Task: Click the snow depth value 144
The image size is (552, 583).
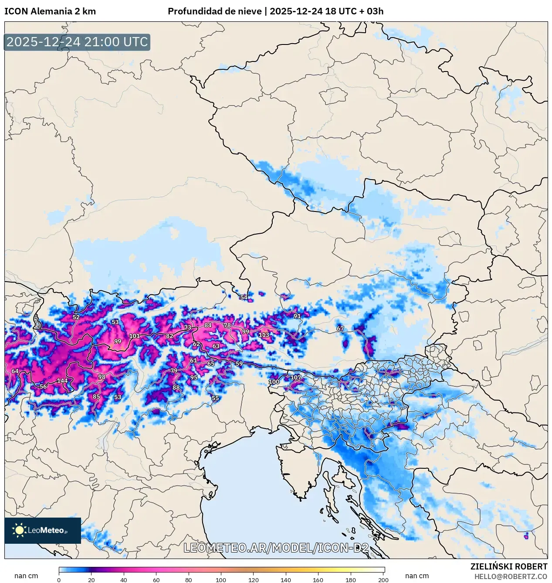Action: [x=62, y=381]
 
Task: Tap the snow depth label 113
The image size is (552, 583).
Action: [x=264, y=335]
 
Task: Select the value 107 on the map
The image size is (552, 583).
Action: [x=296, y=378]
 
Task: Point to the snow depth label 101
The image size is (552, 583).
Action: [x=135, y=336]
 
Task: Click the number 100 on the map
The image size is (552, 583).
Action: [x=274, y=382]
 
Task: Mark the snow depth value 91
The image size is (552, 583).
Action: [x=297, y=316]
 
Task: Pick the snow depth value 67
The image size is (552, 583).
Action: [x=340, y=328]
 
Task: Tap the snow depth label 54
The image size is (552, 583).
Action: [x=244, y=297]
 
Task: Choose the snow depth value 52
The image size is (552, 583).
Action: [x=76, y=317]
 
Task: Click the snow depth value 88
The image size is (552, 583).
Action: [x=176, y=388]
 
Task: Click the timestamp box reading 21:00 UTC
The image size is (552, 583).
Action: [x=77, y=42]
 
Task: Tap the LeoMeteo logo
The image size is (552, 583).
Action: [x=43, y=530]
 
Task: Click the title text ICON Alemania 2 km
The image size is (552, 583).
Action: [x=50, y=11]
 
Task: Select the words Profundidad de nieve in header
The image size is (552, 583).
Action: [x=215, y=11]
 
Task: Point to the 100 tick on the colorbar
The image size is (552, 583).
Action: [x=221, y=580]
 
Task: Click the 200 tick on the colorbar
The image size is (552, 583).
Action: [x=383, y=580]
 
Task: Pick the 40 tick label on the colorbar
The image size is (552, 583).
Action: [x=124, y=580]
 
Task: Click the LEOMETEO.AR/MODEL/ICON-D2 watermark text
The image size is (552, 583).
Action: [x=276, y=548]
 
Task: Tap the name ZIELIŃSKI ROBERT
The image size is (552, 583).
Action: [x=508, y=566]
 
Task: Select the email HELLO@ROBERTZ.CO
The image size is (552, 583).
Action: [x=511, y=576]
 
